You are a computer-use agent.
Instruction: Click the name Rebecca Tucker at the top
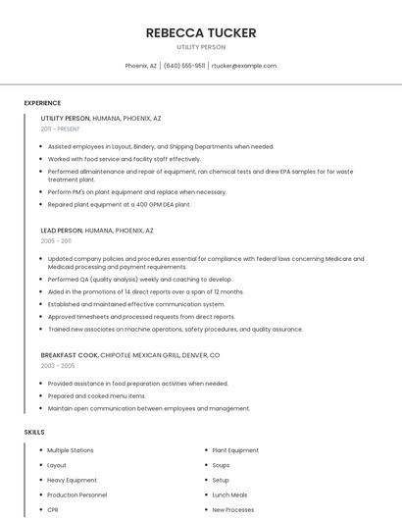(x=201, y=33)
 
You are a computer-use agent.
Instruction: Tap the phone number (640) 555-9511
(x=184, y=66)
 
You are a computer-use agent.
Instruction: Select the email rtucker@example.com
(x=244, y=66)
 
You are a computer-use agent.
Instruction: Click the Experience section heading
(x=42, y=103)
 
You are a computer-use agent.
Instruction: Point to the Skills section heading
(x=34, y=432)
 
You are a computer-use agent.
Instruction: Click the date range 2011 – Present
(x=60, y=129)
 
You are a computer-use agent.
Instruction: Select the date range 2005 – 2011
(x=56, y=240)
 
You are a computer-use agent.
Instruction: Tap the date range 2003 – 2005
(x=57, y=365)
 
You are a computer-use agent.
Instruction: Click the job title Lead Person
(x=62, y=230)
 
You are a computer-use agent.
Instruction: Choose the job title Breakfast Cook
(x=70, y=354)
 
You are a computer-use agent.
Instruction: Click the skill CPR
(x=53, y=510)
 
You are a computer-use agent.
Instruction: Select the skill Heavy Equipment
(x=72, y=480)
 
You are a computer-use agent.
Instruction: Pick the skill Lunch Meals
(x=229, y=495)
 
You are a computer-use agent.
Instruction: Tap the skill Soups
(x=221, y=465)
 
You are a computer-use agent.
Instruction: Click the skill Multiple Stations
(x=71, y=450)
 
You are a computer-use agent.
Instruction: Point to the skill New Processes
(x=233, y=510)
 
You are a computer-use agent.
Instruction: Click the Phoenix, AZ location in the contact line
(x=141, y=66)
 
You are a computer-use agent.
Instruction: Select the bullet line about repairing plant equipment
(x=119, y=204)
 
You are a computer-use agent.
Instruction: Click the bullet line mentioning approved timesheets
(x=141, y=317)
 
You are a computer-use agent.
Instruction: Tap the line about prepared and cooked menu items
(x=96, y=395)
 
